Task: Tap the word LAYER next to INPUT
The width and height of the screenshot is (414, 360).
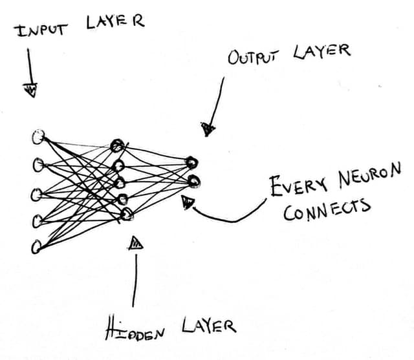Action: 114,22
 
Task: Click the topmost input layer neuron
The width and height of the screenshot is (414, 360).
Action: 38,136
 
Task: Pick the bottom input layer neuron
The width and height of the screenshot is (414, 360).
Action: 36,246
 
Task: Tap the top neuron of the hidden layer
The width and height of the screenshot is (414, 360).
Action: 117,145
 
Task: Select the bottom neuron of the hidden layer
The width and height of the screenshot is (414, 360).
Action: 127,214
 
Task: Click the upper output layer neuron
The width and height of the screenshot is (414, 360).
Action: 192,162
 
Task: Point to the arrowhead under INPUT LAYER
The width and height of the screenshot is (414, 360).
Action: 30,89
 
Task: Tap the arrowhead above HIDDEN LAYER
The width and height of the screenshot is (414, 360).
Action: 136,243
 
